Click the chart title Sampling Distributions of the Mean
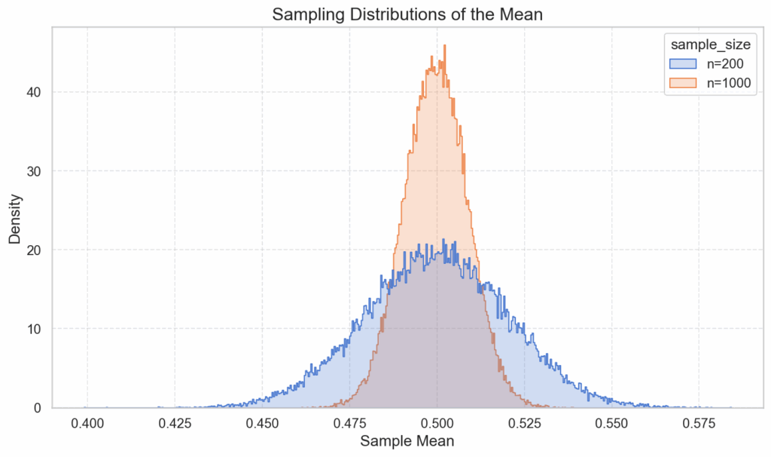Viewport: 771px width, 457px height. [x=407, y=14]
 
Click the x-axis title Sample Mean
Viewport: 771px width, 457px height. [x=407, y=440]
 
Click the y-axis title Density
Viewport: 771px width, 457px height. [x=15, y=218]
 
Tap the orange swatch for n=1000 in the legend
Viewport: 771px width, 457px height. [x=681, y=83]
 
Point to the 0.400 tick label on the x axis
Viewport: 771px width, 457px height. [x=88, y=421]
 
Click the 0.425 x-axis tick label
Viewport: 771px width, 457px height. [x=175, y=421]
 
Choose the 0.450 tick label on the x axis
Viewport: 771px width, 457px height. [x=262, y=421]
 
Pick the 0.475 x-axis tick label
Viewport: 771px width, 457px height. [x=349, y=421]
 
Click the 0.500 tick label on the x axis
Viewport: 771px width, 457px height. [x=437, y=421]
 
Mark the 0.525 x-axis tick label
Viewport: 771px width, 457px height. [x=524, y=421]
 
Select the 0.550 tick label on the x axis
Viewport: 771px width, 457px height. [x=611, y=421]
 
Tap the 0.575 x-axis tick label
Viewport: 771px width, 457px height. [x=699, y=421]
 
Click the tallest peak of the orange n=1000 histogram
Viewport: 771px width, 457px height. [x=445, y=46]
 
